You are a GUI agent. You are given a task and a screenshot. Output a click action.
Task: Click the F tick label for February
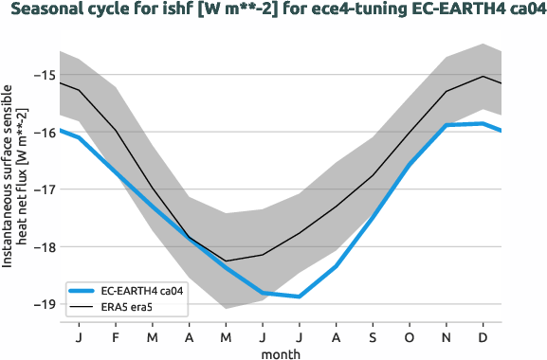tap(116, 336)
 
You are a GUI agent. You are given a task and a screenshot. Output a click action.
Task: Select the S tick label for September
tap(373, 336)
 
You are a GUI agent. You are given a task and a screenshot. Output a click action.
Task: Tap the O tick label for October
tap(410, 336)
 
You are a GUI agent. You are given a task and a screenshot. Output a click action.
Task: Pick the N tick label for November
tap(447, 336)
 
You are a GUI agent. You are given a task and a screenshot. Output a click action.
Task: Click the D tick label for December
tap(483, 336)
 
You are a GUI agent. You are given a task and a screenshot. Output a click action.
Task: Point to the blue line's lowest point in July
tap(300, 297)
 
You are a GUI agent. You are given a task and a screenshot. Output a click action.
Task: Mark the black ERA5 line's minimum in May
tap(226, 261)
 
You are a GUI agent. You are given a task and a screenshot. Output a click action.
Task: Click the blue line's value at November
tap(447, 125)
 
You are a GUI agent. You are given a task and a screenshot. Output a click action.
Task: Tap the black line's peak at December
tap(483, 77)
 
